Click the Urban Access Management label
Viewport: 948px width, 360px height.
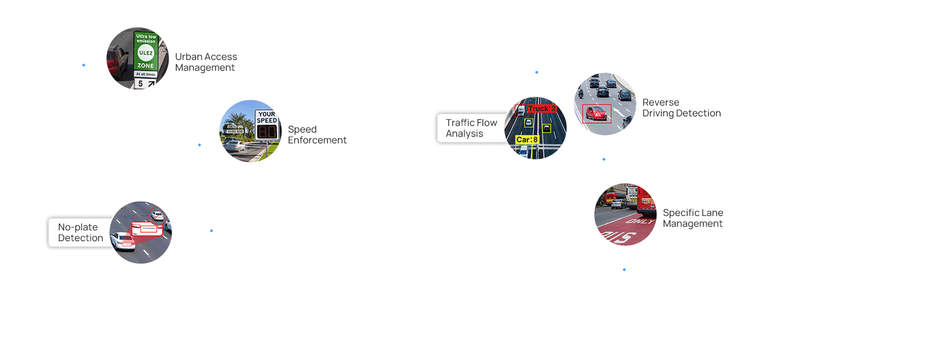[206, 62]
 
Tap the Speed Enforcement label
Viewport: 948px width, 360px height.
[317, 134]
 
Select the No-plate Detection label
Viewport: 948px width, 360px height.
[80, 232]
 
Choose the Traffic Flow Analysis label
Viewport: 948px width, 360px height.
[471, 128]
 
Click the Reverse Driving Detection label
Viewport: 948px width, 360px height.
[681, 107]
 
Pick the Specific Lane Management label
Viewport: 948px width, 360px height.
[692, 218]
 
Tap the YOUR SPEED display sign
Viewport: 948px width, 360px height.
[266, 125]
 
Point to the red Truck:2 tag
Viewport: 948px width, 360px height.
[541, 109]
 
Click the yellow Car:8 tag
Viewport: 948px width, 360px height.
[527, 140]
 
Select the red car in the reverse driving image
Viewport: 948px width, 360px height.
[596, 113]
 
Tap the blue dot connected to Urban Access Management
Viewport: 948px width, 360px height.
[83, 65]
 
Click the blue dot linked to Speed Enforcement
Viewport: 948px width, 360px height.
[199, 145]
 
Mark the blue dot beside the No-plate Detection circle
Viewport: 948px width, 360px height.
[211, 230]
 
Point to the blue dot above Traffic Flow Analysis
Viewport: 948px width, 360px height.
[536, 72]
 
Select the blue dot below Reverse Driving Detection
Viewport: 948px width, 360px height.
[604, 159]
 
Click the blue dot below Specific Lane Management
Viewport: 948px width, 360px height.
[624, 269]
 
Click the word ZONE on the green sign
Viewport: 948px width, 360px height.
[145, 65]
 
